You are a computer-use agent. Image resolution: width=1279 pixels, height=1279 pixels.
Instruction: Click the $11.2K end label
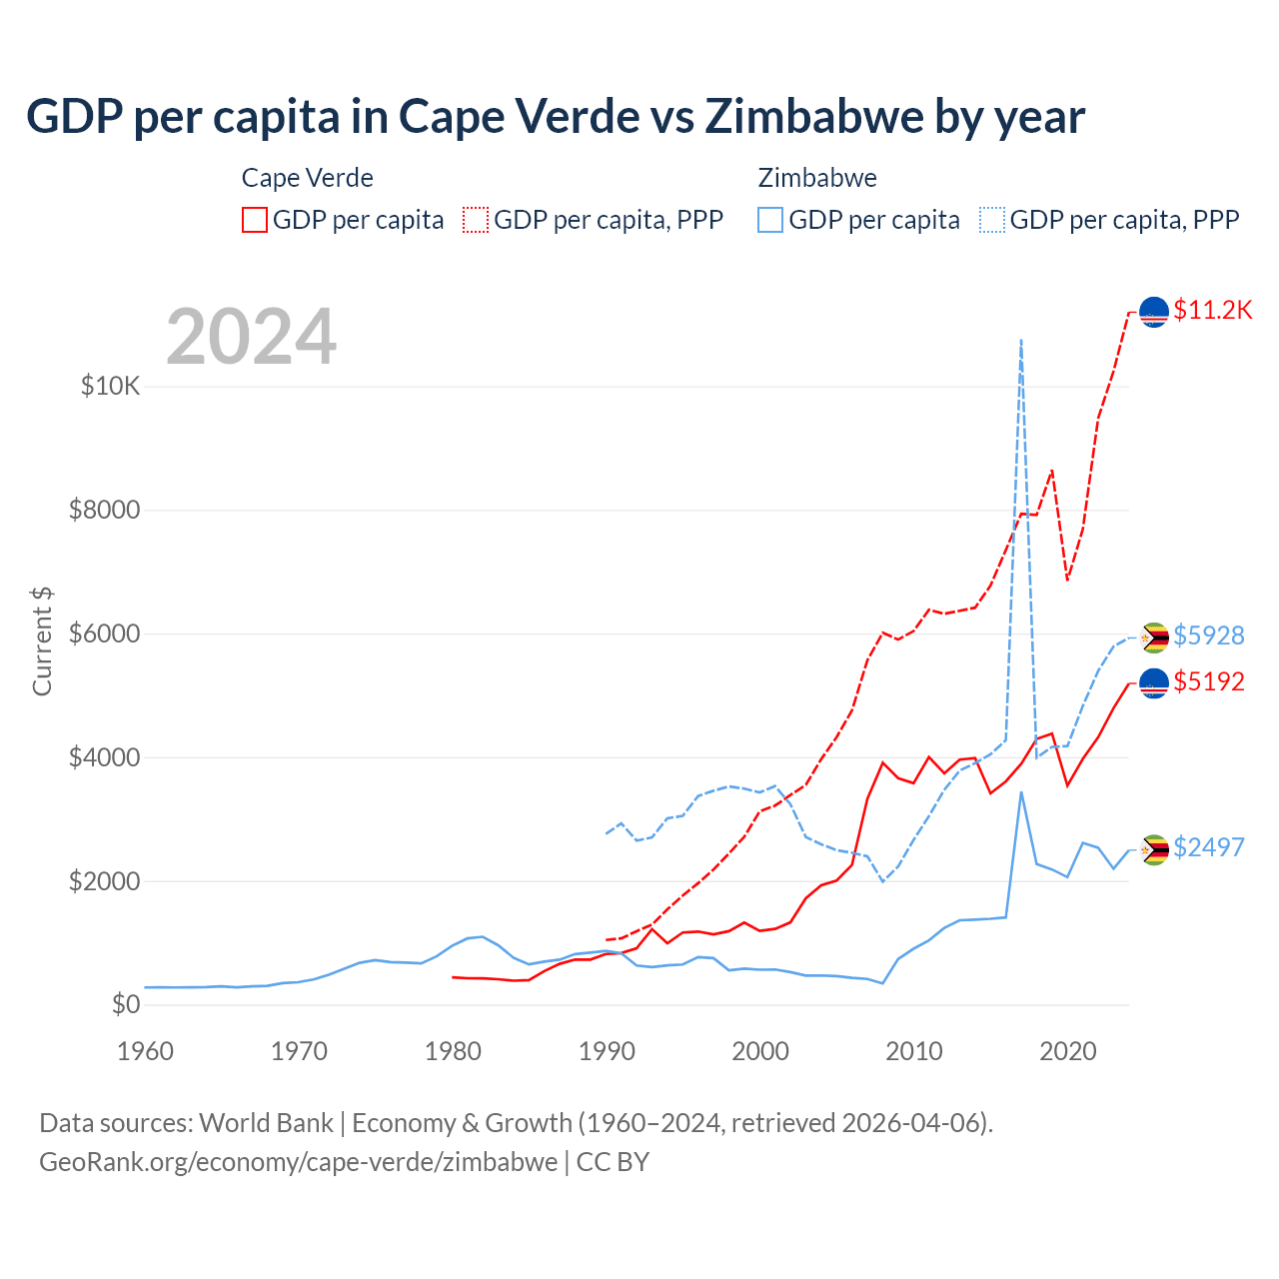pos(1212,310)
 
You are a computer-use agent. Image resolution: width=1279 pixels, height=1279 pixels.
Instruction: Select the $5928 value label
pos(1209,636)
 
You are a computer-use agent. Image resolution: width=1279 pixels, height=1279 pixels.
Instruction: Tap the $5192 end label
pos(1209,681)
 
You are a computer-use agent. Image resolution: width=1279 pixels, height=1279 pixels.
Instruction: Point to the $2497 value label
pos(1209,847)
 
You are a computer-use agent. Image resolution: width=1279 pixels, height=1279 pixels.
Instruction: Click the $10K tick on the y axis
pos(111,386)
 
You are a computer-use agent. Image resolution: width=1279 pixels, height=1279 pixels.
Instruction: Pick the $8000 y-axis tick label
pos(105,510)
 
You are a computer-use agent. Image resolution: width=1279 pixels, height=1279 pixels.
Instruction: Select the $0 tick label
pos(125,1004)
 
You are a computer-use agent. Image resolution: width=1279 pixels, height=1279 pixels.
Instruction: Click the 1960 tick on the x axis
pos(146,1051)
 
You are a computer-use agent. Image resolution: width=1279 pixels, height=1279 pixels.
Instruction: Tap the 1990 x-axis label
pos(608,1051)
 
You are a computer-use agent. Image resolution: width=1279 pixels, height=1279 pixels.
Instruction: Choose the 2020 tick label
pos(1068,1051)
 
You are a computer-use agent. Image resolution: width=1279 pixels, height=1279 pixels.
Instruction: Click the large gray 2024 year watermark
pos(252,338)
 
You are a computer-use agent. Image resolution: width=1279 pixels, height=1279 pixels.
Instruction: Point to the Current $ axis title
pos(42,641)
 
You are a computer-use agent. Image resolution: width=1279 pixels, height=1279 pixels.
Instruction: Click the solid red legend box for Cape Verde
pos(255,220)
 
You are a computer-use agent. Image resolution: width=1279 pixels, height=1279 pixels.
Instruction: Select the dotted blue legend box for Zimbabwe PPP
pos(992,220)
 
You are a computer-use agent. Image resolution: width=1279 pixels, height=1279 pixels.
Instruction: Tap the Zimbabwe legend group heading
pos(817,178)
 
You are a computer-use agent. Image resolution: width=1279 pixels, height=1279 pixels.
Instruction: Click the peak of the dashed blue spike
pos(1020,340)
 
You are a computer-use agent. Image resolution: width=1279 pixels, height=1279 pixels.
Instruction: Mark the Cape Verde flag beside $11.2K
pos(1154,312)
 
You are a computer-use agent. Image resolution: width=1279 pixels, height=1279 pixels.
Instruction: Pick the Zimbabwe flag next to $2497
pos(1154,849)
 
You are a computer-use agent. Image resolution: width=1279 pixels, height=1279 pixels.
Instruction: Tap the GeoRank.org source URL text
pos(298,1162)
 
